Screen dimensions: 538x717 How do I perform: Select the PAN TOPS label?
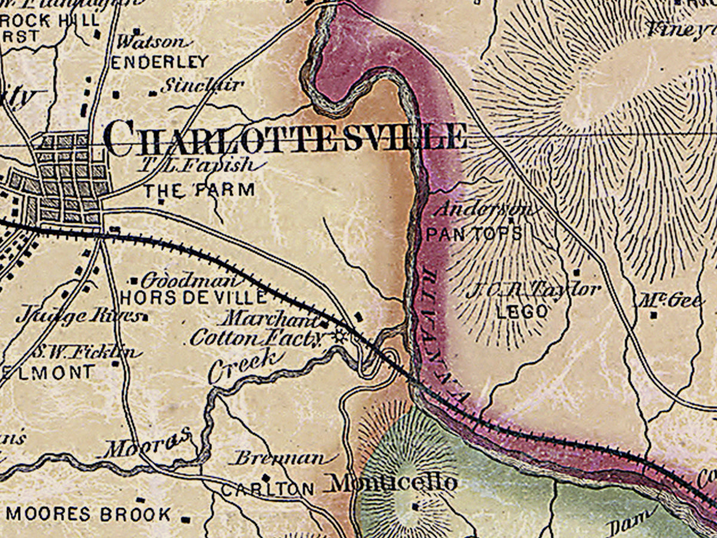(474, 233)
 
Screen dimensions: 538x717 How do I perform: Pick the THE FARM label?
(200, 191)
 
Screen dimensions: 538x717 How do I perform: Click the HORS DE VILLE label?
(193, 297)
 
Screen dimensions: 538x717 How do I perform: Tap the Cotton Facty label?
(256, 338)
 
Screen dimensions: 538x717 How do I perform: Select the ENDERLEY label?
(160, 62)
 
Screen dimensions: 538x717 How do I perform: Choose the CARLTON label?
(267, 488)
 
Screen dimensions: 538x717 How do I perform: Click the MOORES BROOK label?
(88, 513)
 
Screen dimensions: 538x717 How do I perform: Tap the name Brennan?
(280, 458)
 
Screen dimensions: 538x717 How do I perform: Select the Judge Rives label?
(78, 316)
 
